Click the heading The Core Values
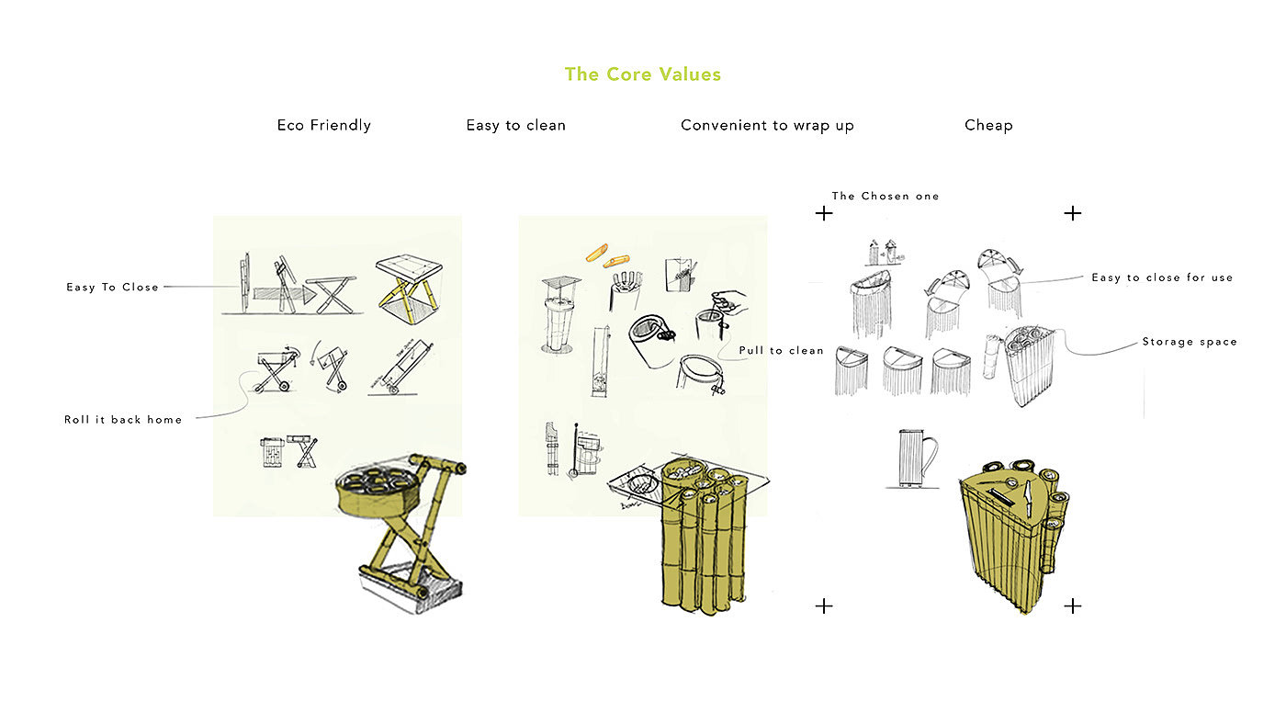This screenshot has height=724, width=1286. (x=643, y=74)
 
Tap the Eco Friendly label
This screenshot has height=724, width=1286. (x=323, y=125)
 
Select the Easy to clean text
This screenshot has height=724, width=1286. (x=515, y=125)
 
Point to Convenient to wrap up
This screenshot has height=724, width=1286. (x=767, y=125)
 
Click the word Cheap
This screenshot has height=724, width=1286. (x=988, y=125)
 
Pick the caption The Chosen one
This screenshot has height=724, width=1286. (x=886, y=196)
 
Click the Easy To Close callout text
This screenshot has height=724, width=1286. (x=112, y=288)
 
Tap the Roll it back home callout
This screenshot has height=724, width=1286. (x=123, y=420)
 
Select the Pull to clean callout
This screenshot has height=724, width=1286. (x=782, y=351)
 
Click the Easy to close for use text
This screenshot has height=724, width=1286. (x=1162, y=277)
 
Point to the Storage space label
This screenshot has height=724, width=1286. (x=1190, y=342)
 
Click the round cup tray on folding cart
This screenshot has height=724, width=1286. (x=377, y=489)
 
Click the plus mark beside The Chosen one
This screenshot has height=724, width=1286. (x=824, y=213)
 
